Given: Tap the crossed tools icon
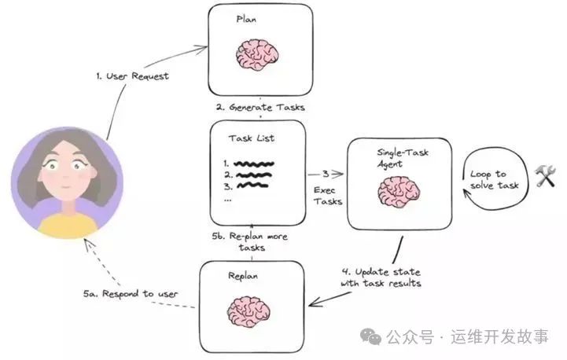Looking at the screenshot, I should pos(545,176).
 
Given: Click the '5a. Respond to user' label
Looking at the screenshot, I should pos(131,293).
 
